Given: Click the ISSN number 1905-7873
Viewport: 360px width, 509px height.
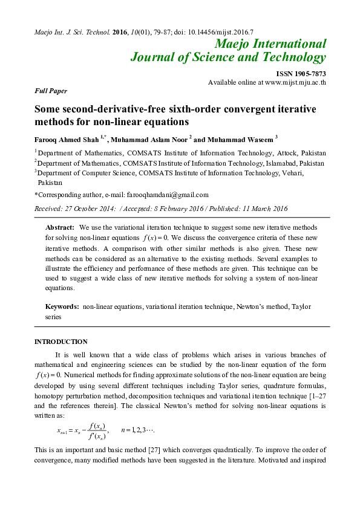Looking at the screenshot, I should (x=301, y=73).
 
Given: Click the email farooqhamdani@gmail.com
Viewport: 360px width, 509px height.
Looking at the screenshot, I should (x=167, y=195).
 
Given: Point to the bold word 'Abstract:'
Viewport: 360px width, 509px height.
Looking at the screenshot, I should (x=61, y=227).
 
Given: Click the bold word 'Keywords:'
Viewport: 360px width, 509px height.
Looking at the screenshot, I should (x=63, y=307).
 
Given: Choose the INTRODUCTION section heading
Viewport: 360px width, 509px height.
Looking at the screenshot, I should (x=61, y=342).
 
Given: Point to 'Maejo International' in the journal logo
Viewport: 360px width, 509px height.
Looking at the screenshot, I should (x=270, y=44).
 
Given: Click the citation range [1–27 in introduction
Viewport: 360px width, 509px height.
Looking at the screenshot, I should (x=309, y=395).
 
